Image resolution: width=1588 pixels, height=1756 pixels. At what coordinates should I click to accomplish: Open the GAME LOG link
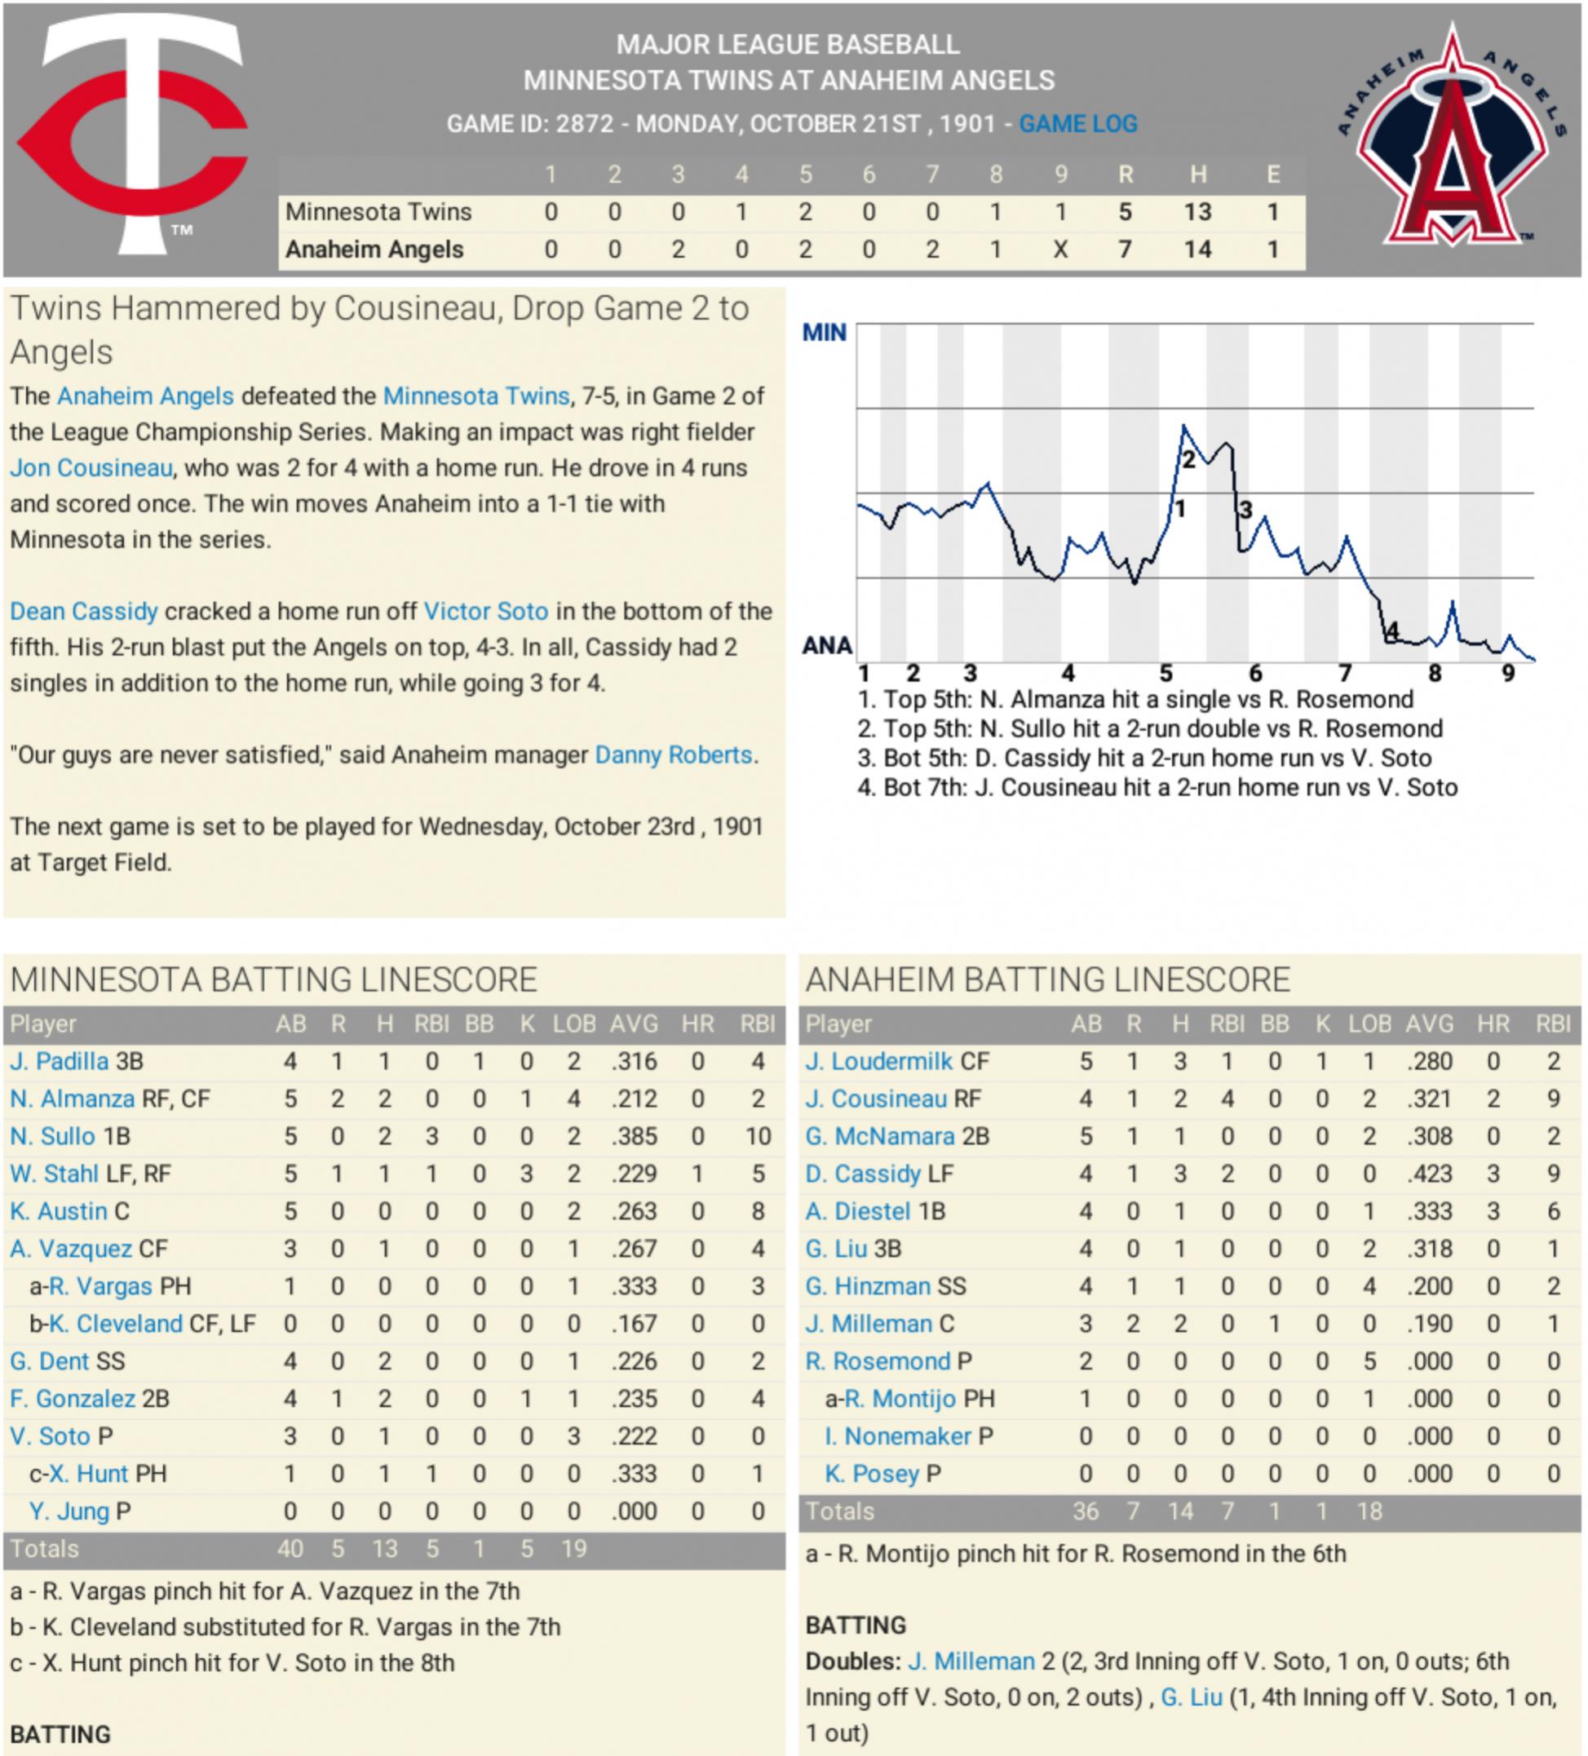point(1077,124)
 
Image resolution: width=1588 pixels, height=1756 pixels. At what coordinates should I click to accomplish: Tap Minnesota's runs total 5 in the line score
point(1125,212)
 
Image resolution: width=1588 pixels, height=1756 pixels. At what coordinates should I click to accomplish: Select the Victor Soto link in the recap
point(486,612)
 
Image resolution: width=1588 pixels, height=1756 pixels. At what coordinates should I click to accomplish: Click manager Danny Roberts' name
point(674,755)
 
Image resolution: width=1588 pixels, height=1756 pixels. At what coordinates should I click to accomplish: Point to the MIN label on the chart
point(823,333)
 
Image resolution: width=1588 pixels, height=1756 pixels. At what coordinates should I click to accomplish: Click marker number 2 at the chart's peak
point(1188,461)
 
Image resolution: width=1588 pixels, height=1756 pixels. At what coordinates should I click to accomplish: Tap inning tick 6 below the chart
point(1255,674)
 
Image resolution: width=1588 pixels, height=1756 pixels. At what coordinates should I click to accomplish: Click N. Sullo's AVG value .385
point(633,1137)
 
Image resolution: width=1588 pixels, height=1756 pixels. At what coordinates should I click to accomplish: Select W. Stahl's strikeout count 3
point(527,1174)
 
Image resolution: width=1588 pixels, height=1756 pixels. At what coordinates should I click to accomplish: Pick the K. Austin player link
point(60,1212)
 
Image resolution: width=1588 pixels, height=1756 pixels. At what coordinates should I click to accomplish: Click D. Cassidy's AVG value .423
point(1429,1174)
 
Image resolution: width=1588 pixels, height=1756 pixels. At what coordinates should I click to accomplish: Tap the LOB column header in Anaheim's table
point(1369,1024)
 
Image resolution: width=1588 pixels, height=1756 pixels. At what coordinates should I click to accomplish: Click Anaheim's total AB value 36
point(1086,1511)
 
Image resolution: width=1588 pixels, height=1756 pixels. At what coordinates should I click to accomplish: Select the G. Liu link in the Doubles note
point(1192,1697)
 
